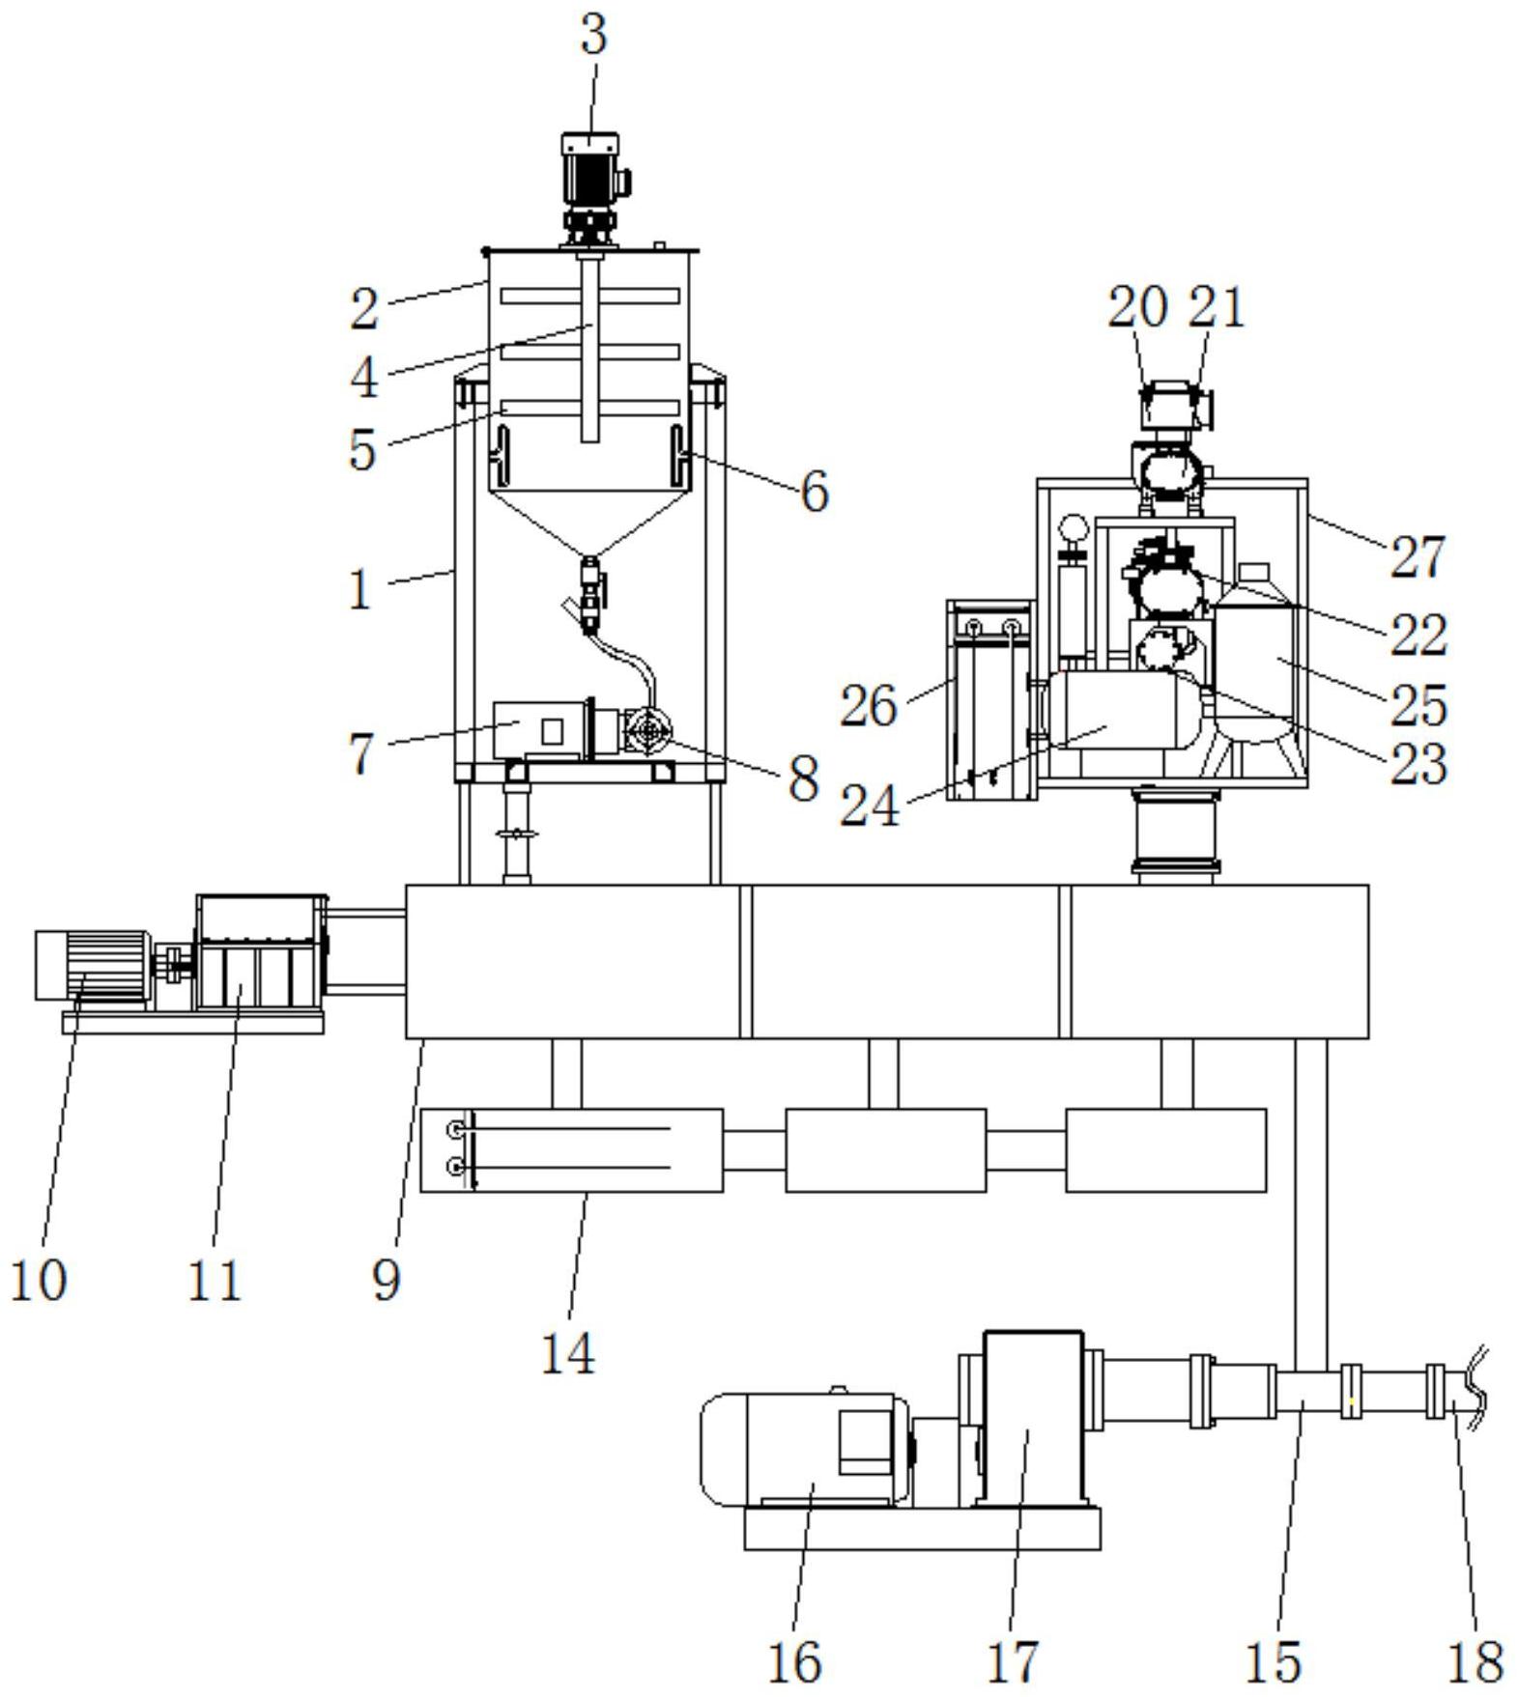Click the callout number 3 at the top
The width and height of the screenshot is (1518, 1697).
pos(593,35)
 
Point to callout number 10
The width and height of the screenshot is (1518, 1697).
pos(38,1281)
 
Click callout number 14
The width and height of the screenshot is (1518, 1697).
pos(567,1352)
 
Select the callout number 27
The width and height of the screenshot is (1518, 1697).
pos(1418,557)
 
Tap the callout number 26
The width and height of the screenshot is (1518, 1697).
pos(868,706)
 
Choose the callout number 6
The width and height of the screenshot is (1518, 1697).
pos(815,491)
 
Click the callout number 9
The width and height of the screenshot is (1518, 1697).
pos(386,1281)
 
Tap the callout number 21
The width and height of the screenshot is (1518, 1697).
pos(1216,307)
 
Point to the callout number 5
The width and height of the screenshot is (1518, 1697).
pos(362,449)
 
